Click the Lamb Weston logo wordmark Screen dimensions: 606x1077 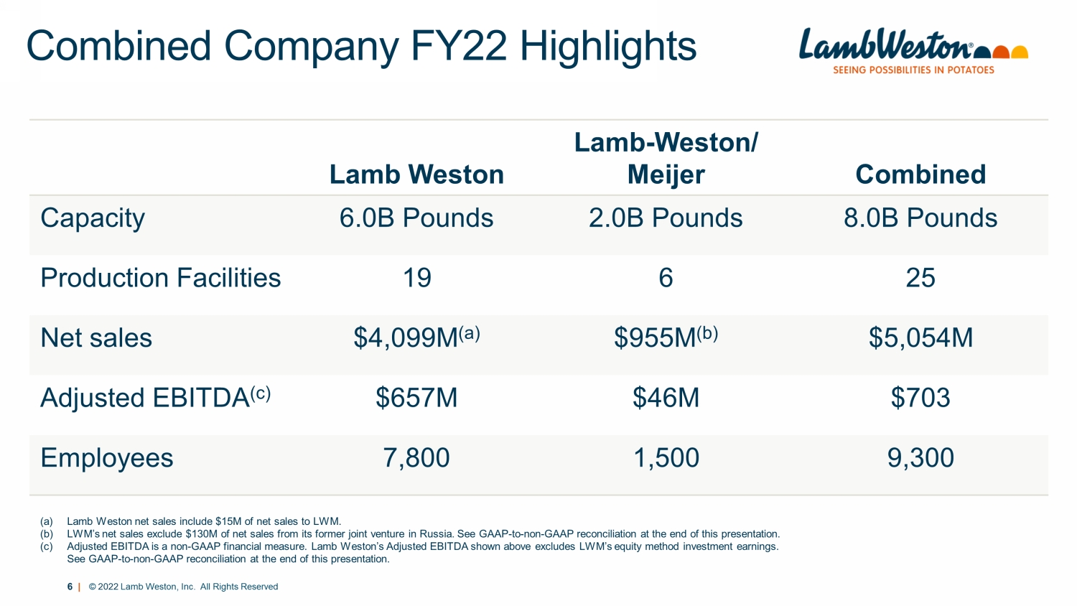(x=887, y=45)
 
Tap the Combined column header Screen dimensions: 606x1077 (x=920, y=174)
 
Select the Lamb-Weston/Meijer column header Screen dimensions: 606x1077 (x=666, y=159)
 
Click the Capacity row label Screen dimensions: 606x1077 (x=93, y=218)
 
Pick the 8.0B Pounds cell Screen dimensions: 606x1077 (x=920, y=218)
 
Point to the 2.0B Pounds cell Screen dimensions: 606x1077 (x=666, y=218)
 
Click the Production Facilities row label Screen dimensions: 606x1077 (x=161, y=278)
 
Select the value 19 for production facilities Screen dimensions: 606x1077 (x=416, y=278)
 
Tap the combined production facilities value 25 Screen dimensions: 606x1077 (x=920, y=278)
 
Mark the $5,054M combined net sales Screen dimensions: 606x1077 (x=920, y=337)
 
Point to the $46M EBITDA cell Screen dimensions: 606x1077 (x=666, y=398)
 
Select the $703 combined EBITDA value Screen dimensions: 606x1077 (x=920, y=398)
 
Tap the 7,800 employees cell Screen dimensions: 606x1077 (x=416, y=458)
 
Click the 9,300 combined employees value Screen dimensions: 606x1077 (x=920, y=458)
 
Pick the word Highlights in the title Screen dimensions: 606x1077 (x=607, y=47)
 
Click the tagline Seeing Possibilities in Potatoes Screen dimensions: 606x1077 (x=913, y=70)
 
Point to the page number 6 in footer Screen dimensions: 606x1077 (x=70, y=587)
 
